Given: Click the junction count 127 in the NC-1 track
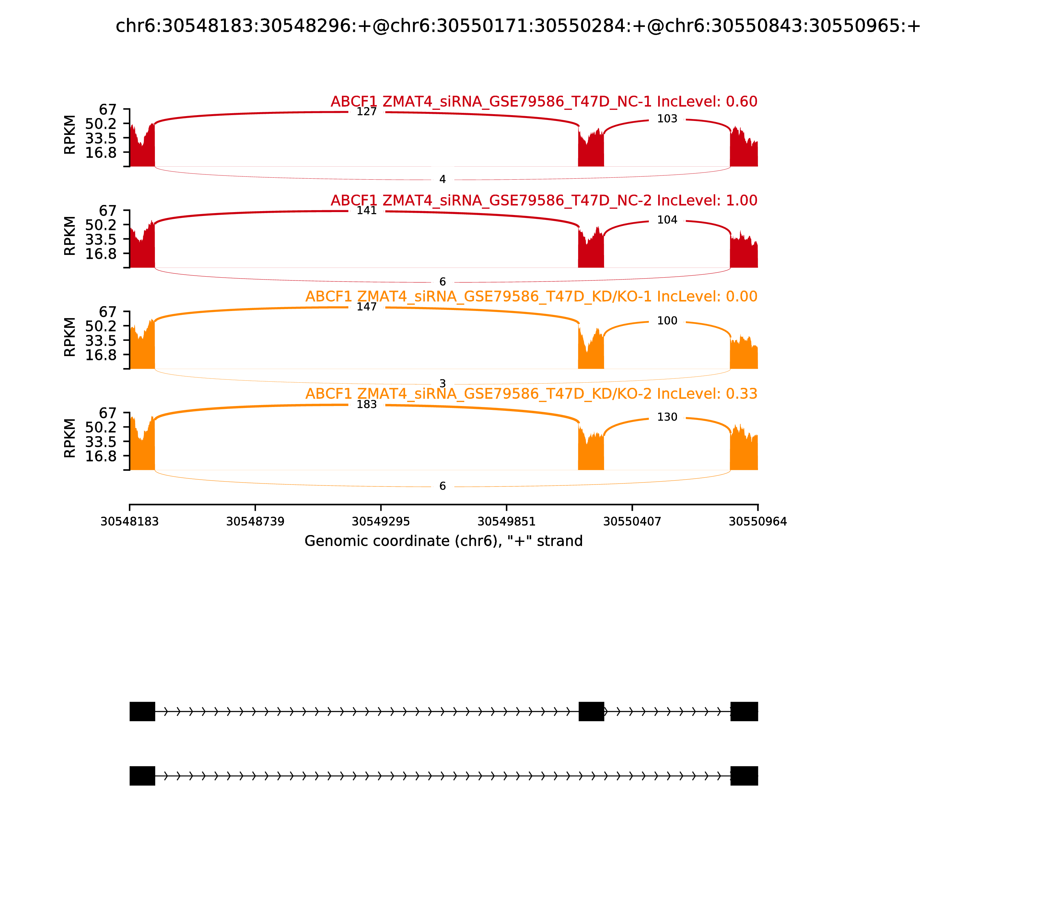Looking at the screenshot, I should point(367,112).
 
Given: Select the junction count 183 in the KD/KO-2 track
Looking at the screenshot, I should point(367,404).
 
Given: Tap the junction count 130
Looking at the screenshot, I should point(667,417).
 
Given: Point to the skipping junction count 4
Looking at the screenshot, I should point(443,179).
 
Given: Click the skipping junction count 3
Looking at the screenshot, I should point(443,384).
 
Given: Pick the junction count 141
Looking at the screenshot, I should point(367,210).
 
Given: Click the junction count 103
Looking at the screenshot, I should point(667,119).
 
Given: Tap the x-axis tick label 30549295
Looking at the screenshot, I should point(381,521).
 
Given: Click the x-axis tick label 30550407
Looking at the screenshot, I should point(632,521).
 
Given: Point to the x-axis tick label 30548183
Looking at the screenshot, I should point(130,521).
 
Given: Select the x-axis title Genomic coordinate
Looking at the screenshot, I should point(444,541).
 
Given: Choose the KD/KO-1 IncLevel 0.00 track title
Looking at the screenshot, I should point(531,296).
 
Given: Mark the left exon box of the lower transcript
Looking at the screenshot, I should point(142,776).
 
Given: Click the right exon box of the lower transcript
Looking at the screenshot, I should point(744,776).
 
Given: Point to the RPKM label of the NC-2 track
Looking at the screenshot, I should point(70,236).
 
